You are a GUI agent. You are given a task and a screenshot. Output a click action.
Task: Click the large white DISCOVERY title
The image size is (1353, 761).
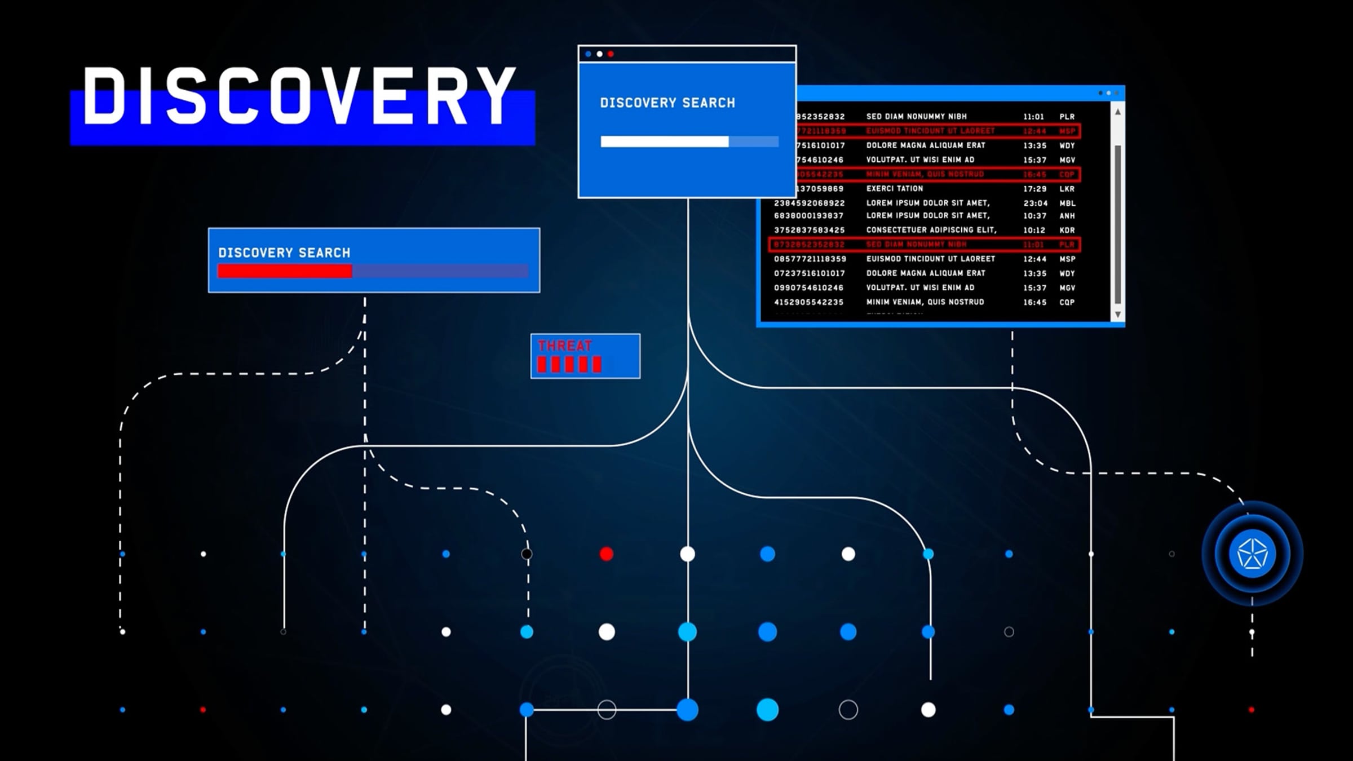pyautogui.click(x=299, y=96)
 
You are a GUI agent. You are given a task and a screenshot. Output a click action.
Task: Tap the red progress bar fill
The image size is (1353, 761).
pyautogui.click(x=285, y=272)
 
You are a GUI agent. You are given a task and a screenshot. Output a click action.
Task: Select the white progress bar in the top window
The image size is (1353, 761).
pyautogui.click(x=664, y=141)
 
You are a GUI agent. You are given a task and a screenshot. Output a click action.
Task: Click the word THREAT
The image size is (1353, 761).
pyautogui.click(x=564, y=346)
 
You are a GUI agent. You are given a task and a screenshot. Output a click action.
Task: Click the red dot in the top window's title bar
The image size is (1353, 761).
pyautogui.click(x=611, y=54)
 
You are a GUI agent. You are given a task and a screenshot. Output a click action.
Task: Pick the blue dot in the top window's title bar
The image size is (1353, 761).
pyautogui.click(x=589, y=54)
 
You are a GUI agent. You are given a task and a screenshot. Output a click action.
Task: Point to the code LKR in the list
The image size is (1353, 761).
pyautogui.click(x=1067, y=189)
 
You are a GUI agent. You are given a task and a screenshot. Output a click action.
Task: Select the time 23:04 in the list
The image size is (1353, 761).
pyautogui.click(x=1035, y=203)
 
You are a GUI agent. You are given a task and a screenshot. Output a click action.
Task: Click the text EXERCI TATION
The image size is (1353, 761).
pyautogui.click(x=894, y=189)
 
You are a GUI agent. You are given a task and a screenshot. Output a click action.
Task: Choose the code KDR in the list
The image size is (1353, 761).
pyautogui.click(x=1067, y=231)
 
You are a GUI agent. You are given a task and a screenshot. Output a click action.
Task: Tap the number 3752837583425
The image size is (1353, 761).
pyautogui.click(x=809, y=231)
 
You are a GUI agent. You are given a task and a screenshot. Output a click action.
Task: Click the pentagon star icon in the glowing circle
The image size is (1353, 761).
pyautogui.click(x=1252, y=554)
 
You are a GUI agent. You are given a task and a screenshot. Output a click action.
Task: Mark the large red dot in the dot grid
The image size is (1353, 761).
pyautogui.click(x=607, y=554)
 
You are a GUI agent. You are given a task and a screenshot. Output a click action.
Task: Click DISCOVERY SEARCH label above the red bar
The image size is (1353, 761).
pyautogui.click(x=284, y=253)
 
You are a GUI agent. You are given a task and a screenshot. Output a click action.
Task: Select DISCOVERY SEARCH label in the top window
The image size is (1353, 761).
pyautogui.click(x=667, y=103)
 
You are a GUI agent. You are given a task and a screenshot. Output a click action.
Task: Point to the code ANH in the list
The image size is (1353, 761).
pyautogui.click(x=1067, y=216)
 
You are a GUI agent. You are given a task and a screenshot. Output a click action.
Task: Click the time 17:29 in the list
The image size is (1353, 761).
pyautogui.click(x=1034, y=189)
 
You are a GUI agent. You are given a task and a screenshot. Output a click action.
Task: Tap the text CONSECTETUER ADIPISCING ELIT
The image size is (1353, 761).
pyautogui.click(x=931, y=231)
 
